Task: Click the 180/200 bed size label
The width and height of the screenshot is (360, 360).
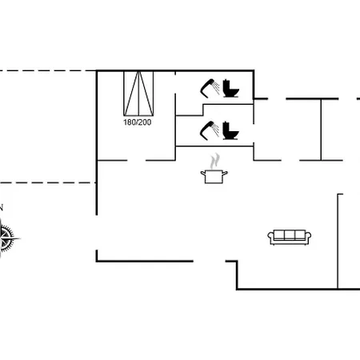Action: [137, 122]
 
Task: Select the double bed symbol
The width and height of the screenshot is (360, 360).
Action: [138, 94]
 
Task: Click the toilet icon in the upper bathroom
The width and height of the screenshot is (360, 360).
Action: [230, 88]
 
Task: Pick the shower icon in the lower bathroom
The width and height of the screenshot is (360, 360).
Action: [210, 130]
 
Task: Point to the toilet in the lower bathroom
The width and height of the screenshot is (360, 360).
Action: [230, 130]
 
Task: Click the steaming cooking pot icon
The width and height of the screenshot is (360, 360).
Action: [214, 169]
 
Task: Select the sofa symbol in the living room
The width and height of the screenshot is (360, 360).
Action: [290, 237]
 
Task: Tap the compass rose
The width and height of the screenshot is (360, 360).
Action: [7, 238]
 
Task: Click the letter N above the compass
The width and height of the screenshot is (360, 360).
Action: [1, 208]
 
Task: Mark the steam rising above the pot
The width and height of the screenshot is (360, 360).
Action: [214, 161]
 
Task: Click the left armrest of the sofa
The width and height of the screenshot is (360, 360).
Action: [271, 237]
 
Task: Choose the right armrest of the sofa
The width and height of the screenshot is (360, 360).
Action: [308, 237]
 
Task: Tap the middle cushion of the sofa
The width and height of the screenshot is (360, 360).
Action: [290, 235]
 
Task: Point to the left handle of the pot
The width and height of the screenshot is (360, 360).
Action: [203, 174]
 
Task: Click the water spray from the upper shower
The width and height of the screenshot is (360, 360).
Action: [216, 88]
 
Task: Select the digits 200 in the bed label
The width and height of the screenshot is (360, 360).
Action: [145, 122]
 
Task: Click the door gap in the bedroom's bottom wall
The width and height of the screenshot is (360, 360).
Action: [136, 161]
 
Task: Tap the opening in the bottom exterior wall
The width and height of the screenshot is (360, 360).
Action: [210, 261]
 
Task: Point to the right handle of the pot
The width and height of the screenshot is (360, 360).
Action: [225, 174]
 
